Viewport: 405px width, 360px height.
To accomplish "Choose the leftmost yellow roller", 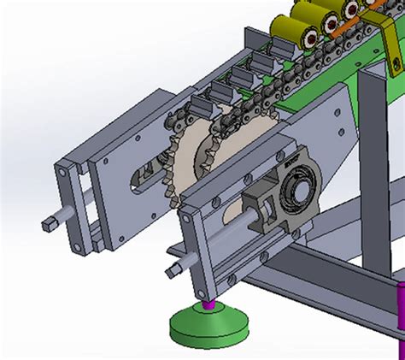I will [x=283, y=29].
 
